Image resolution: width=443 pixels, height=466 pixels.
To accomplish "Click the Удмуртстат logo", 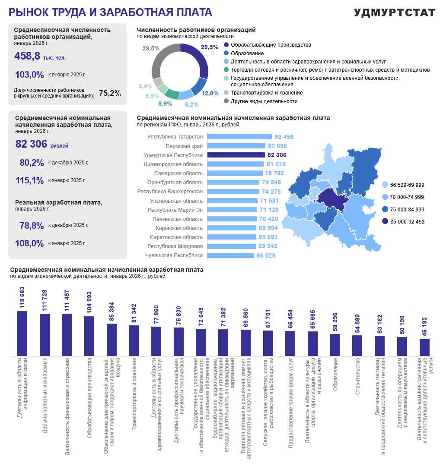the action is tap(395, 13).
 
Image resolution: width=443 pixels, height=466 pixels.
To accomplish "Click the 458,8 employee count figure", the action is tap(27, 56).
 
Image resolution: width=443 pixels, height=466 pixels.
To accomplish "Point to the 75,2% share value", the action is tap(110, 93).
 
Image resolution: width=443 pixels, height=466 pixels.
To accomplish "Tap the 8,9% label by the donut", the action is tap(165, 104).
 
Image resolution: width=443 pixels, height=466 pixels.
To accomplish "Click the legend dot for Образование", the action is tap(226, 53).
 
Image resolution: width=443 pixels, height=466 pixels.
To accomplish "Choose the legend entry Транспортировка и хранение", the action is tap(267, 93).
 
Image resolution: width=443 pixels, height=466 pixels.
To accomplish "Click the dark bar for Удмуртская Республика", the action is tap(236, 155).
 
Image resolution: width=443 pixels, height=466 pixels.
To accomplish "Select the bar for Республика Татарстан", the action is tap(240, 137).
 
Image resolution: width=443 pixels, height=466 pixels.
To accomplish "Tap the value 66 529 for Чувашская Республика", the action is tap(266, 255).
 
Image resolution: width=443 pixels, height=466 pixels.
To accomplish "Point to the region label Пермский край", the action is tap(184, 146).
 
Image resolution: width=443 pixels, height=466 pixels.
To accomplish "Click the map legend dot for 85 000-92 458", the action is tap(385, 221).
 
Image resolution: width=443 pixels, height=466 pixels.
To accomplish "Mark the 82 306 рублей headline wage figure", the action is tap(41, 144).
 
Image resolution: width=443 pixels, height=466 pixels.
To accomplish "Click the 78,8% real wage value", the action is tap(32, 226).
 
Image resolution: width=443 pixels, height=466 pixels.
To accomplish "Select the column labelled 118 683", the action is tap(22, 334).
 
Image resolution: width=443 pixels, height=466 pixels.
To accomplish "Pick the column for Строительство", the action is tap(357, 346).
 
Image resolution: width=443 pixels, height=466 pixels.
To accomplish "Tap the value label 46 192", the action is tap(424, 326).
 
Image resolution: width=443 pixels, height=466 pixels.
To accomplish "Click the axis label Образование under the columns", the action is tap(335, 374).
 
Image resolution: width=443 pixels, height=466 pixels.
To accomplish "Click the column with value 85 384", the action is tap(112, 340).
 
